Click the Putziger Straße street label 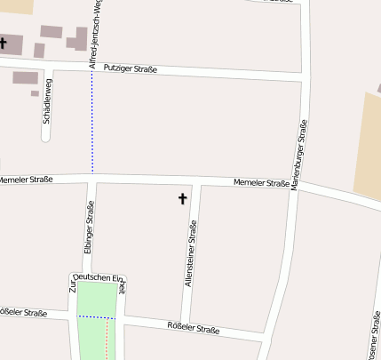(x=131, y=69)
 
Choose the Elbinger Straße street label (x=89, y=228)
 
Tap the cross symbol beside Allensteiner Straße (x=184, y=198)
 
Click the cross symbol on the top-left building (x=4, y=42)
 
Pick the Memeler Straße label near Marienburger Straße (x=262, y=184)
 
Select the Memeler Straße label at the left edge (x=25, y=180)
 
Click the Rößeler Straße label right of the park (x=193, y=329)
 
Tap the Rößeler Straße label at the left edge (x=22, y=313)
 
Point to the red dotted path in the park (x=107, y=338)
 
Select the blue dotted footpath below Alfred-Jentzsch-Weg (x=92, y=124)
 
